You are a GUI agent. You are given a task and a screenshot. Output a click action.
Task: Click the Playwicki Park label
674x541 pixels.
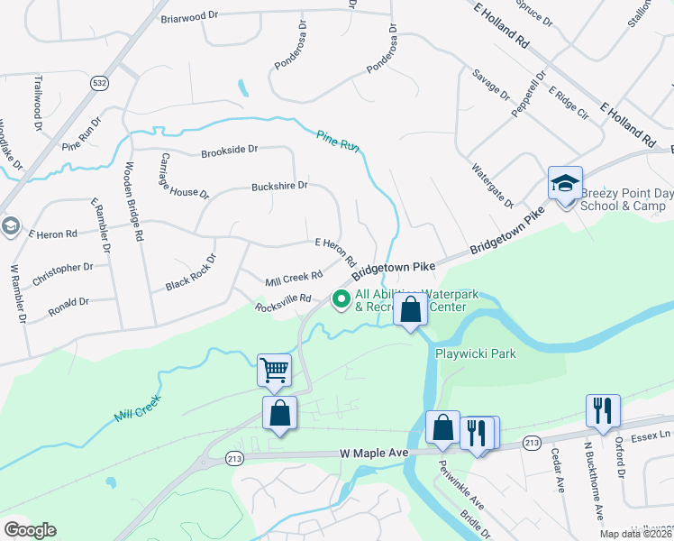pyautogui.click(x=476, y=353)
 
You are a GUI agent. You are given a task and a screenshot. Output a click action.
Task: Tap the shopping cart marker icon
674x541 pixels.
pyautogui.click(x=275, y=369)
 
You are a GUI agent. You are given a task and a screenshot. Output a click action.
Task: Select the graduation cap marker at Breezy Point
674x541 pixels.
pyautogui.click(x=565, y=183)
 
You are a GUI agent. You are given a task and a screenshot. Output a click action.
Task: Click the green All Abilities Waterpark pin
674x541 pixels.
pyautogui.click(x=342, y=298)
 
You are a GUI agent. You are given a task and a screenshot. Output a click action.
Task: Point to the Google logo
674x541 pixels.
pyautogui.click(x=30, y=530)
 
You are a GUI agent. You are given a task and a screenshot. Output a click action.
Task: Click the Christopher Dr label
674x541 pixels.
pyautogui.click(x=62, y=273)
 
